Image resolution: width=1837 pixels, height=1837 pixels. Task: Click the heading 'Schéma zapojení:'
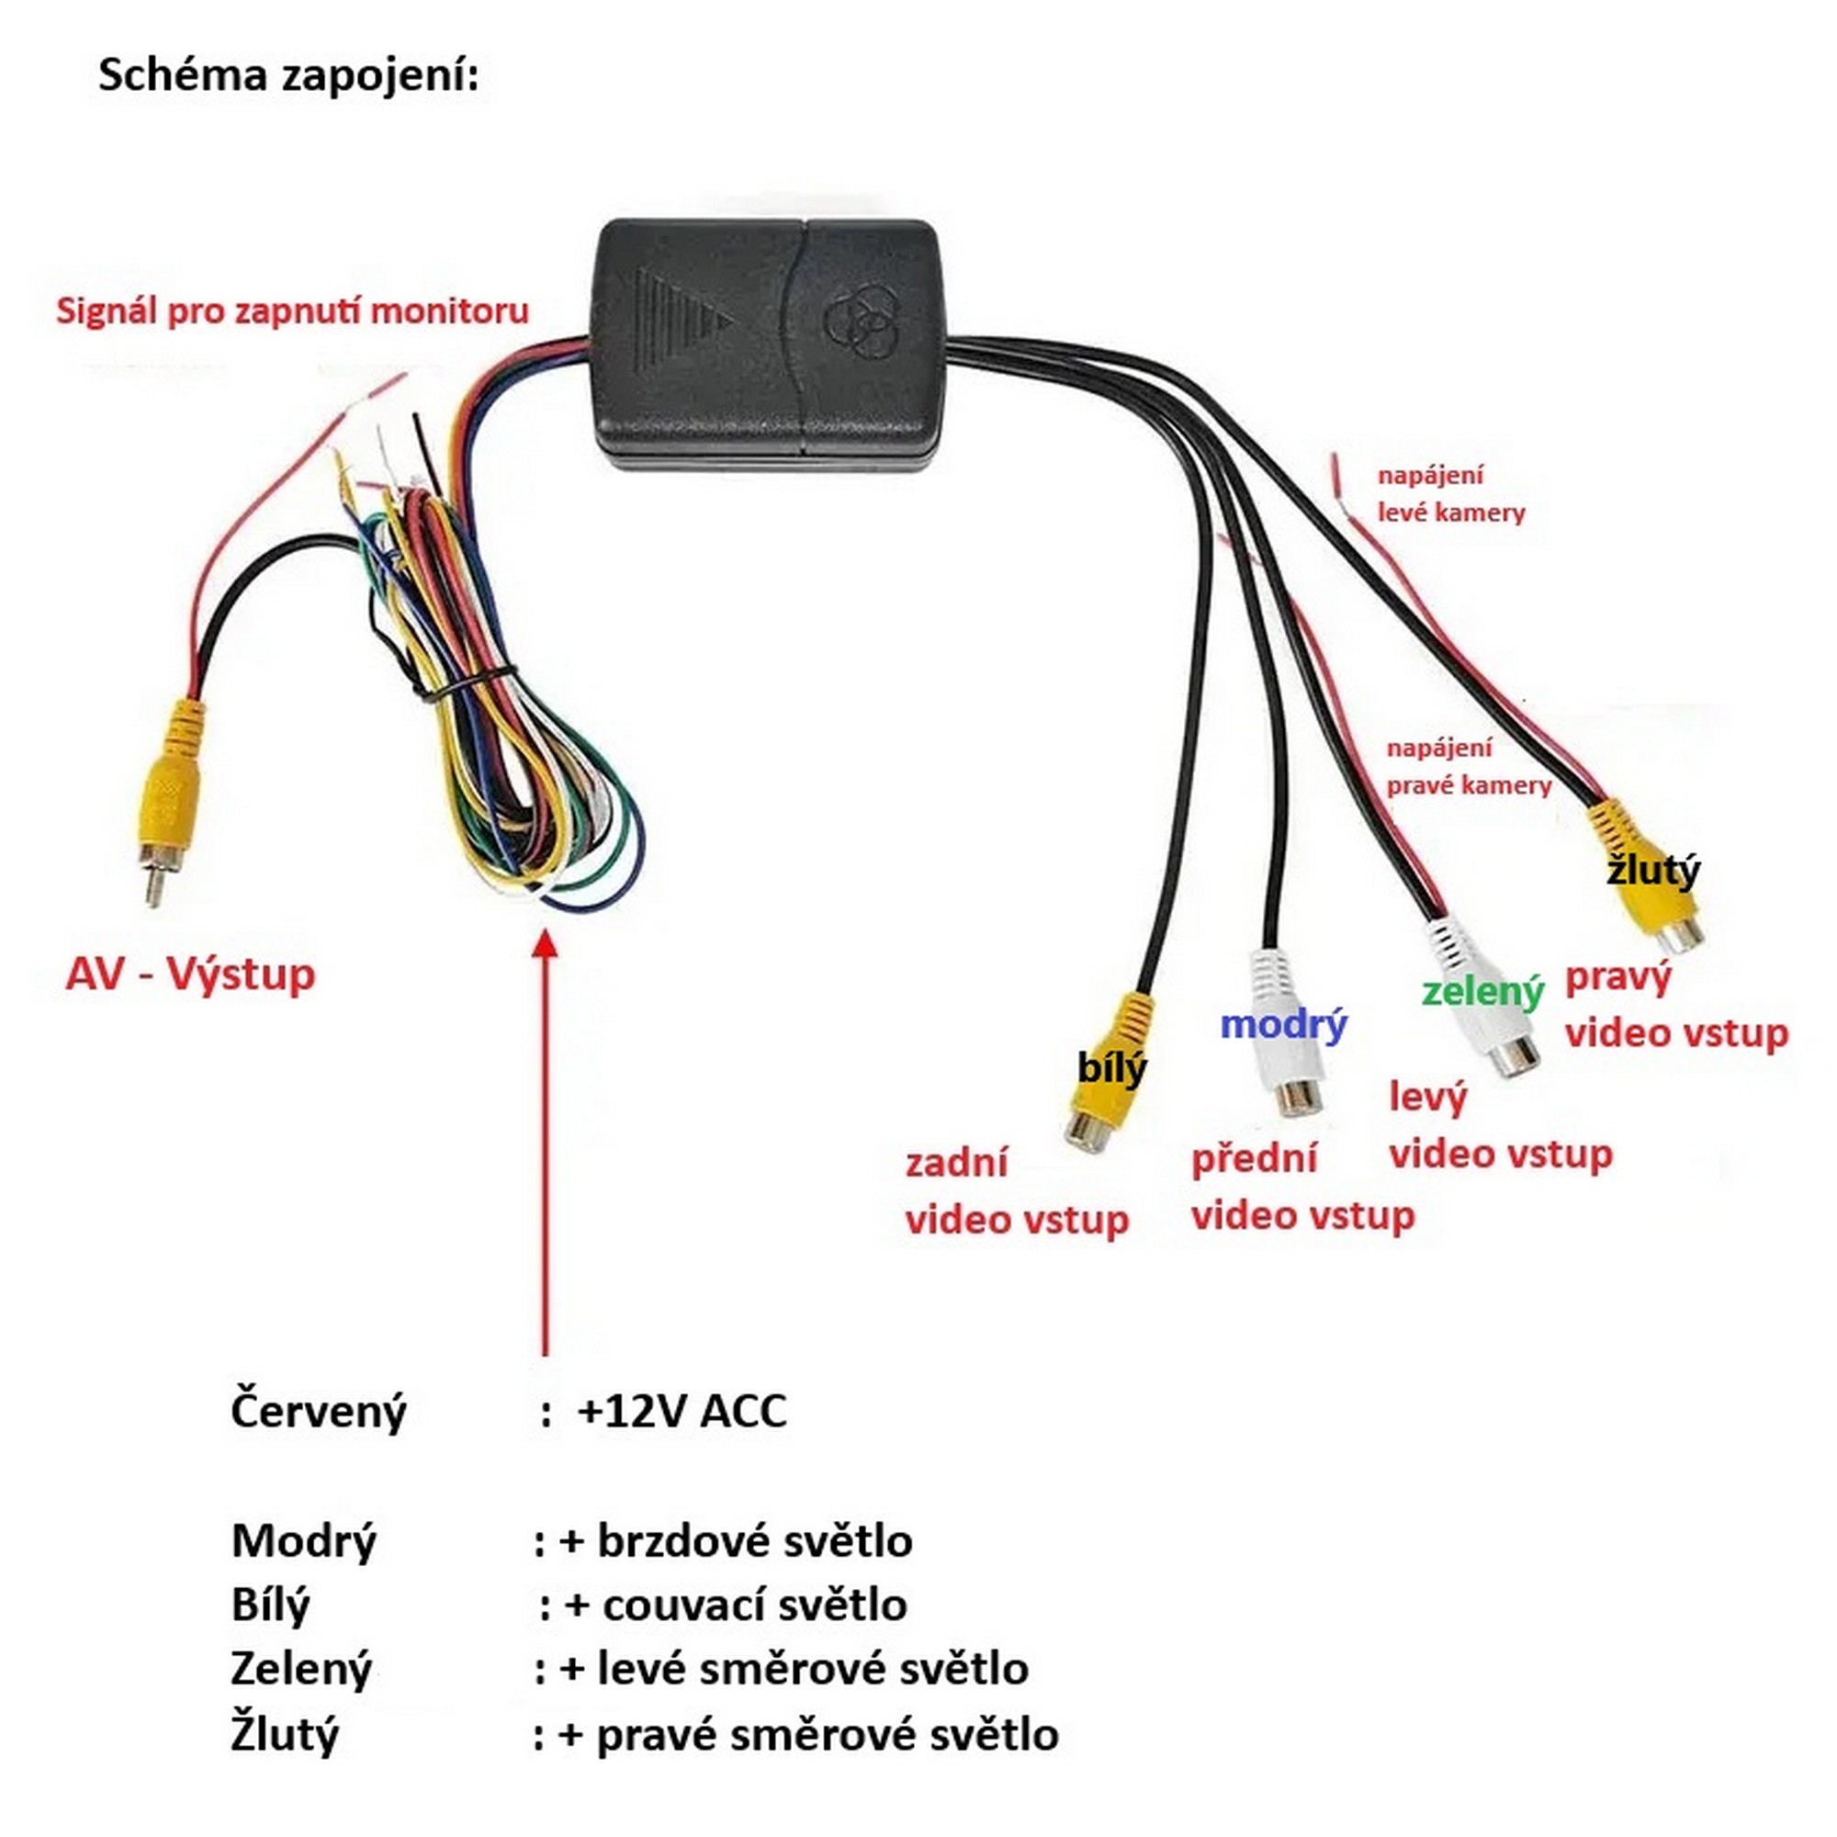point(288,75)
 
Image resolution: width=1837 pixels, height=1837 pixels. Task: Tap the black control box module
point(771,343)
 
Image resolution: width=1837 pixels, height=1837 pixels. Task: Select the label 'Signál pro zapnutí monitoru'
point(292,311)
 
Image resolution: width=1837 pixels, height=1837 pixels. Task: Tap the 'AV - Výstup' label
point(190,974)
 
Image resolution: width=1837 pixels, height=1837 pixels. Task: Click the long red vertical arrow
point(545,1141)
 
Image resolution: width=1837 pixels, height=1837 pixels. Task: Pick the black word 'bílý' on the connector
point(1111,1068)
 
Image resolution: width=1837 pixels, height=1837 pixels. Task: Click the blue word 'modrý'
point(1282,1024)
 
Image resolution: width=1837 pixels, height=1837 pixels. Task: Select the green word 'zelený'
point(1482,992)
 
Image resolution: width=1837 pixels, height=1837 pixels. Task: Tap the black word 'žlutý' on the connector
point(1652,870)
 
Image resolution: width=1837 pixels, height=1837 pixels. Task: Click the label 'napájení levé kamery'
point(1451,493)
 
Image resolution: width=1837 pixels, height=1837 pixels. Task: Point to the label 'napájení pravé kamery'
point(1468,766)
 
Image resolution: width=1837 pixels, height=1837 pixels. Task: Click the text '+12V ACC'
point(682,1411)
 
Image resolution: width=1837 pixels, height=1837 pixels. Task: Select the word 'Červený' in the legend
point(318,1412)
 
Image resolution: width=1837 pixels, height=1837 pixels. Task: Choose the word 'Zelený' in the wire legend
point(300,1670)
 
